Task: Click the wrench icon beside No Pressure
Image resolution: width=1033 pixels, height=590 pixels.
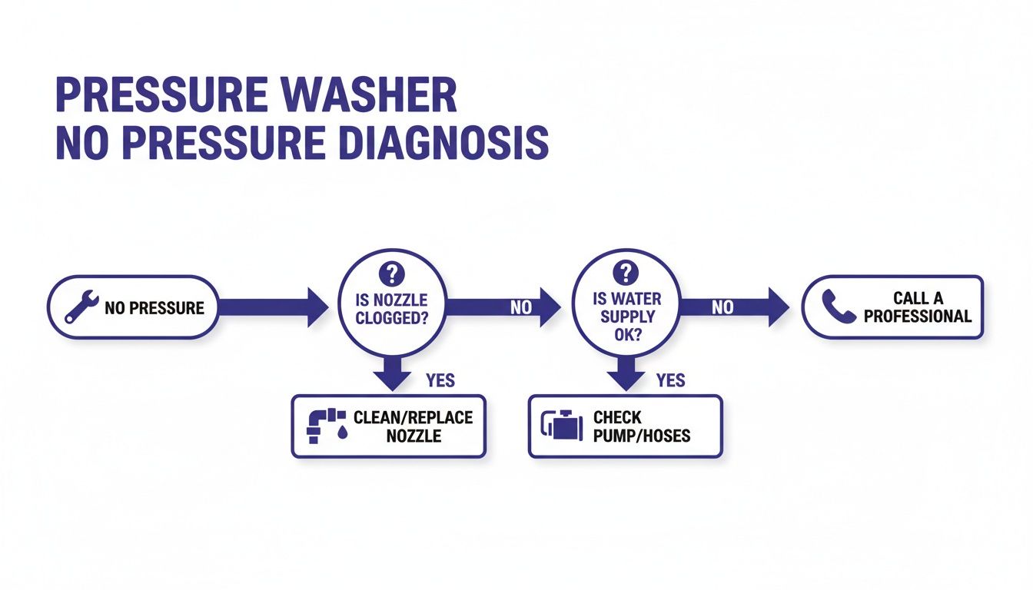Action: point(81,307)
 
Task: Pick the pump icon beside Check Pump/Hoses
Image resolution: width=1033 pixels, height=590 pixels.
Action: point(561,426)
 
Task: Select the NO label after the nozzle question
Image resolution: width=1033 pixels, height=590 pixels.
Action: point(521,307)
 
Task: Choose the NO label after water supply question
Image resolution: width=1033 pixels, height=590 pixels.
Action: point(722,307)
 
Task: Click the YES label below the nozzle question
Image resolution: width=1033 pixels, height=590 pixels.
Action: point(440,380)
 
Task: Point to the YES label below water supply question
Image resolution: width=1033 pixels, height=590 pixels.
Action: point(671,380)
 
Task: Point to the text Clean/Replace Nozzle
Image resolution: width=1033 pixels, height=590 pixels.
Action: point(413,426)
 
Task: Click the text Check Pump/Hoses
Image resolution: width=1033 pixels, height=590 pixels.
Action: point(642,426)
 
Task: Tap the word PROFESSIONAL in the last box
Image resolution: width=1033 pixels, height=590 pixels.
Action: point(918,316)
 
